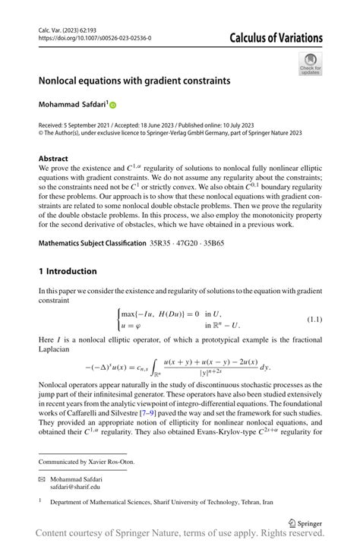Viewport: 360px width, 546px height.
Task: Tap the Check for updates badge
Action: click(x=310, y=64)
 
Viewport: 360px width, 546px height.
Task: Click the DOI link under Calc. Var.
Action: click(x=94, y=37)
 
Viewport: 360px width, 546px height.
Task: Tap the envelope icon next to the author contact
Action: click(x=41, y=480)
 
